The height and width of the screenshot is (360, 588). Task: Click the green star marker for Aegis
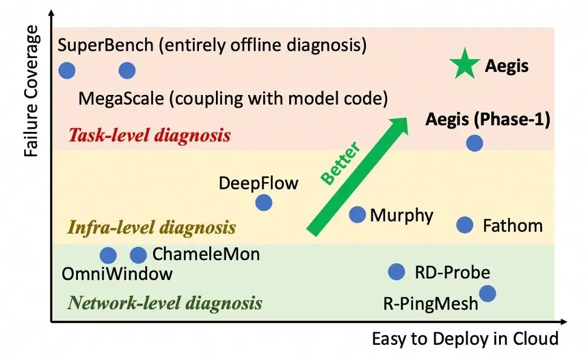(465, 64)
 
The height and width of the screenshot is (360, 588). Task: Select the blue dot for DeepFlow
(264, 203)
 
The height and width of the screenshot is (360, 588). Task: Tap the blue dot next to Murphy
(357, 215)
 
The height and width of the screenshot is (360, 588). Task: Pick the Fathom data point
(465, 225)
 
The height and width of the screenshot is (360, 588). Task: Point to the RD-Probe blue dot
(396, 272)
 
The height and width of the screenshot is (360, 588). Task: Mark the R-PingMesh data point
(487, 293)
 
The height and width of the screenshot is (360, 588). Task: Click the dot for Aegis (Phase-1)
(474, 143)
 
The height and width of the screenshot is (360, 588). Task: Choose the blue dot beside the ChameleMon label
(138, 255)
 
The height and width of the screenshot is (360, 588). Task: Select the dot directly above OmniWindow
(108, 255)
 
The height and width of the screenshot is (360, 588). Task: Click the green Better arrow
(357, 177)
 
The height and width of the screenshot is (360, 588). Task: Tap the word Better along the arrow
(341, 163)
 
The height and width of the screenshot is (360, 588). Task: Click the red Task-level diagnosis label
(149, 135)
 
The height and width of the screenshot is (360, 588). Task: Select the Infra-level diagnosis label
(151, 227)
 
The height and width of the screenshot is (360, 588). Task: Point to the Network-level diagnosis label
(165, 303)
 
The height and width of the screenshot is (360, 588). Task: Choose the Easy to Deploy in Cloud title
(465, 339)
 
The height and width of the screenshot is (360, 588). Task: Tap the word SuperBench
(106, 45)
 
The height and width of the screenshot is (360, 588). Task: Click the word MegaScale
(121, 99)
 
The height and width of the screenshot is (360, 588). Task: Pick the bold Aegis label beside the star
(506, 67)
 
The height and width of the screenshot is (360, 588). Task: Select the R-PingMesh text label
(431, 303)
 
